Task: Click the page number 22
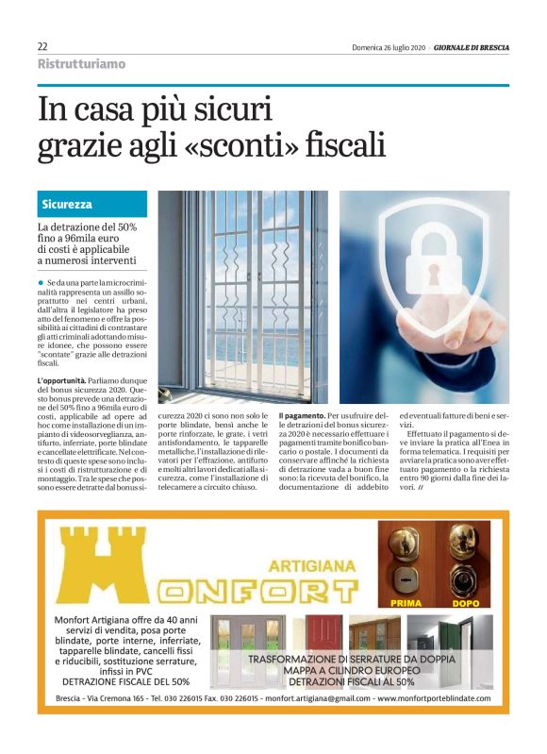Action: click(42, 46)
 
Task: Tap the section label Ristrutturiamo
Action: click(80, 64)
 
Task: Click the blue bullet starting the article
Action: click(41, 282)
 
